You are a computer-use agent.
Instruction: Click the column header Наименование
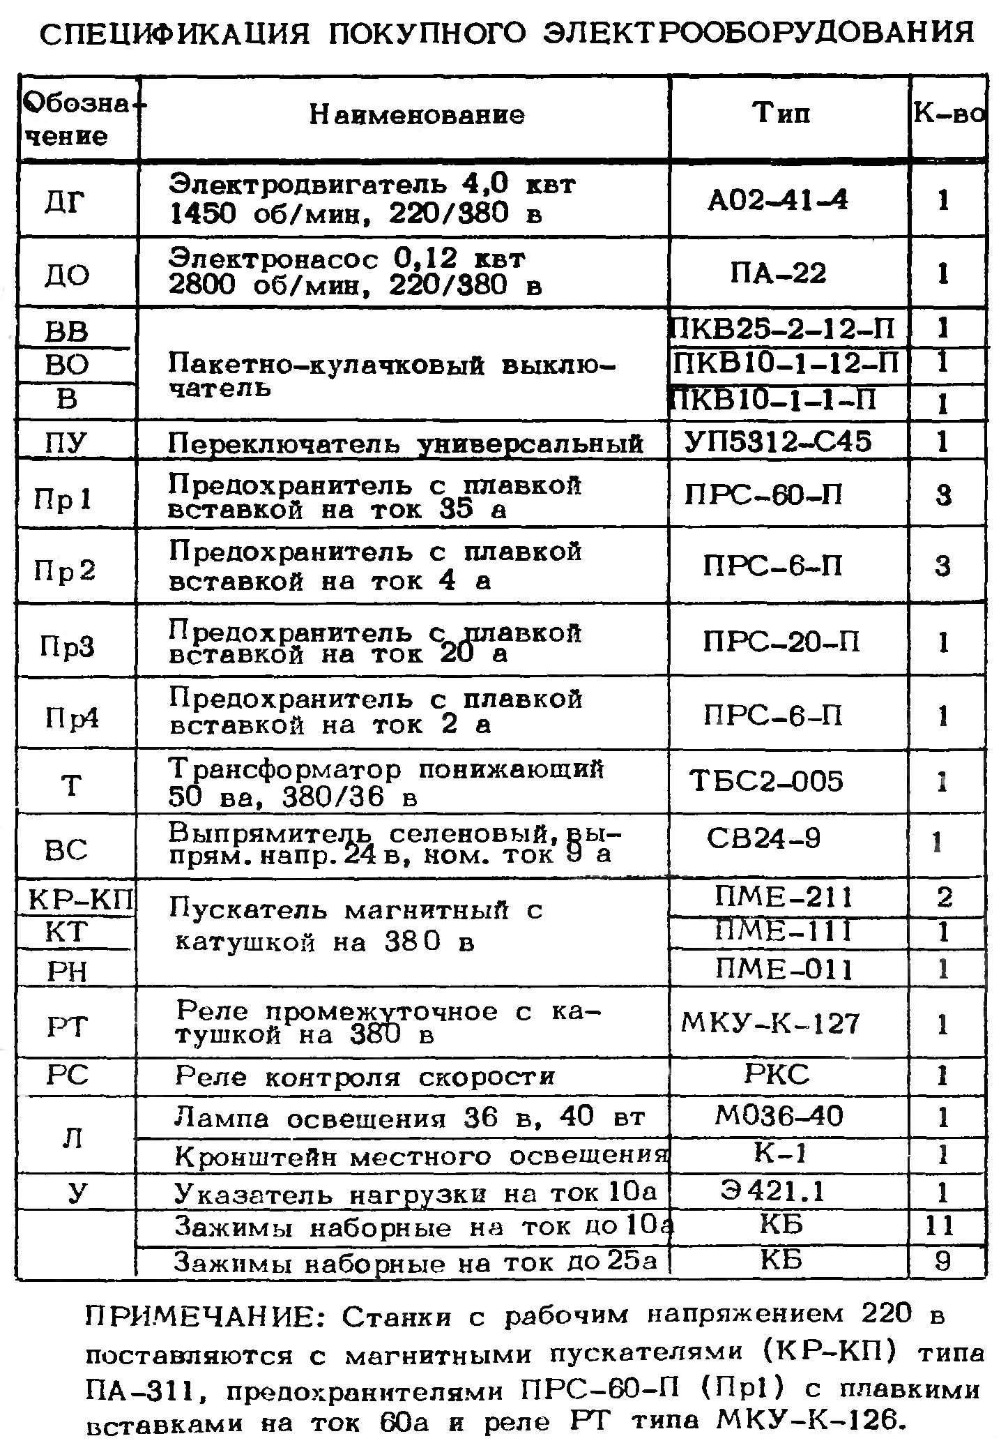tap(416, 114)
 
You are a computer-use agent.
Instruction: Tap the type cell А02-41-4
tap(778, 201)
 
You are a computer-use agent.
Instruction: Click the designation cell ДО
tap(67, 275)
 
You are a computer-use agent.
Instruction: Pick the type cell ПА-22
tap(778, 273)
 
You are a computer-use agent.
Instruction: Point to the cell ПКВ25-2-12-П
tap(782, 328)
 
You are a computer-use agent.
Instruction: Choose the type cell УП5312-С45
tap(778, 441)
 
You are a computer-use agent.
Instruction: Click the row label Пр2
tap(64, 571)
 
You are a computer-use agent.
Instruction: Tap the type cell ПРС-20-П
tap(781, 641)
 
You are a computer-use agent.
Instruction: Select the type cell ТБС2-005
tap(766, 781)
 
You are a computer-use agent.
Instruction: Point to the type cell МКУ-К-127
tap(770, 1023)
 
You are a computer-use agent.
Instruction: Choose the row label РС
tap(68, 1075)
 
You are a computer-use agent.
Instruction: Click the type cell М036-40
tap(779, 1117)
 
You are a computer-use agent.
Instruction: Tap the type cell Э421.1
tap(773, 1191)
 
